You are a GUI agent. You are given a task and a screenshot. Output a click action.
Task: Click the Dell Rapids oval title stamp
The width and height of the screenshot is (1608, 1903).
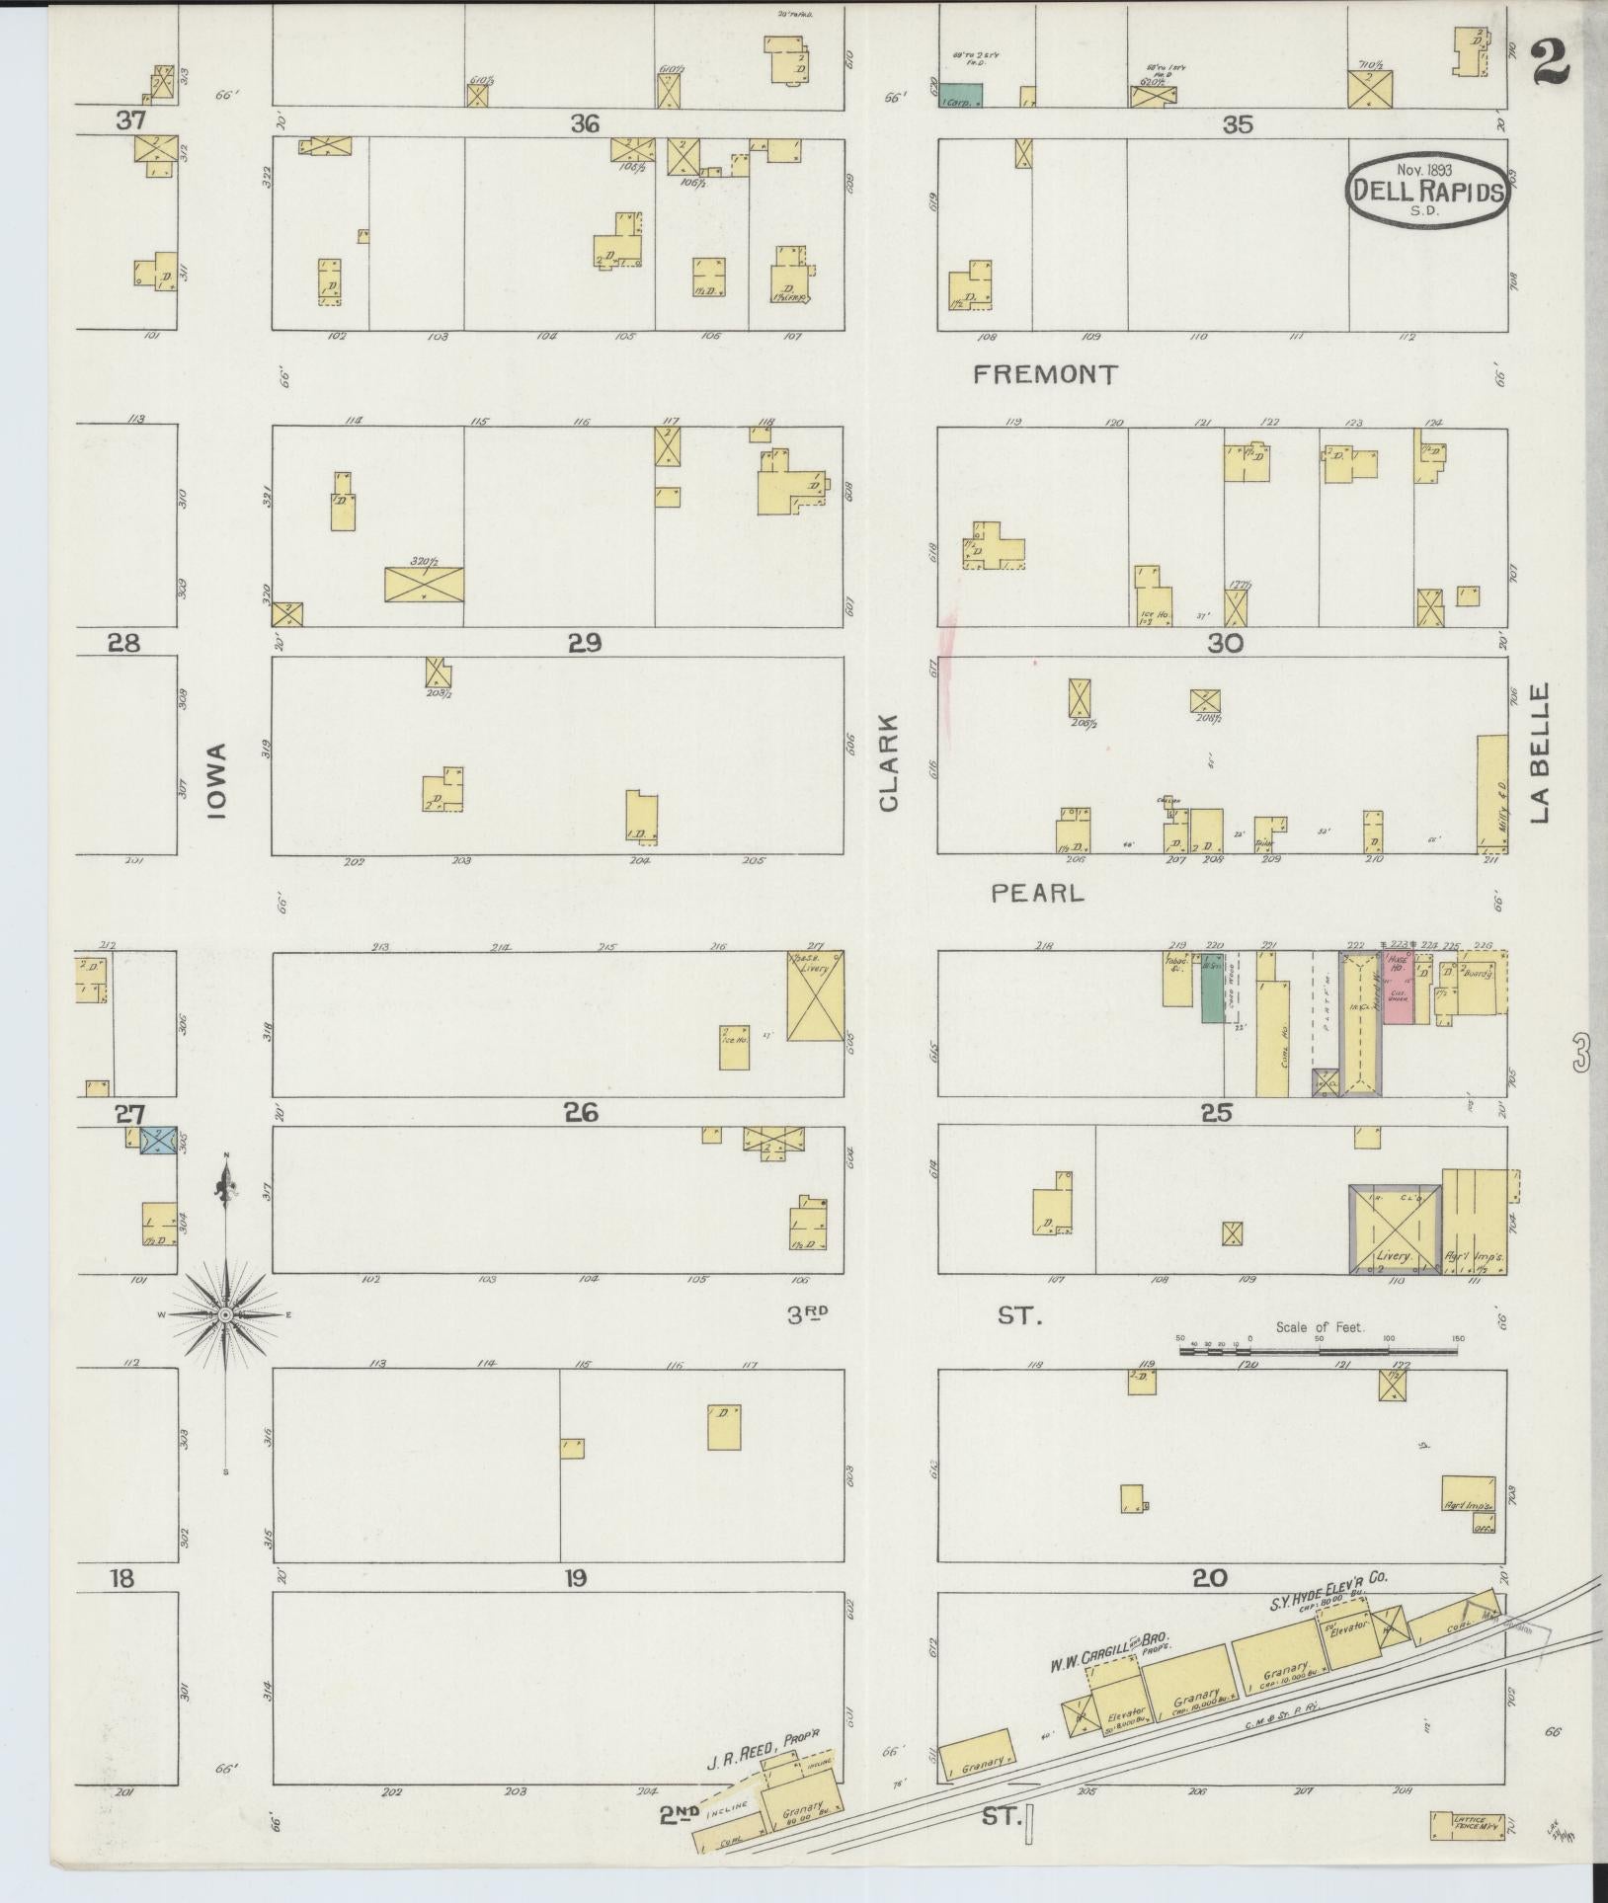click(x=1427, y=191)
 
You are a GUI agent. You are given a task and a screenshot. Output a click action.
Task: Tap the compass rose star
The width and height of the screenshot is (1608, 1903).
click(x=225, y=1315)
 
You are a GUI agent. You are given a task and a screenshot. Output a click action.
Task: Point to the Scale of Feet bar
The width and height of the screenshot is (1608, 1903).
click(x=1321, y=1347)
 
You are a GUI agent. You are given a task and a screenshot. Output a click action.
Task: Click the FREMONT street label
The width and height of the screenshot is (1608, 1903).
click(x=1045, y=375)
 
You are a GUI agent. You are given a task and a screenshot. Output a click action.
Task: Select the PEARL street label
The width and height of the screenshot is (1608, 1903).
click(x=1037, y=893)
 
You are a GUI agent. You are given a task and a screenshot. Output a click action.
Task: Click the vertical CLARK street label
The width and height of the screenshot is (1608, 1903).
click(x=890, y=762)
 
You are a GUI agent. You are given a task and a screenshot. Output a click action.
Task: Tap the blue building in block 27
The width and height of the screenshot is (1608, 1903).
click(x=158, y=1141)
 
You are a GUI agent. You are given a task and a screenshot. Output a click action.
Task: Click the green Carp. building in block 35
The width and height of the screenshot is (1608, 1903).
click(x=960, y=96)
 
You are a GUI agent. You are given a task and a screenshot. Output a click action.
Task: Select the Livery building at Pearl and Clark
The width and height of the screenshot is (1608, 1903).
click(x=815, y=995)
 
